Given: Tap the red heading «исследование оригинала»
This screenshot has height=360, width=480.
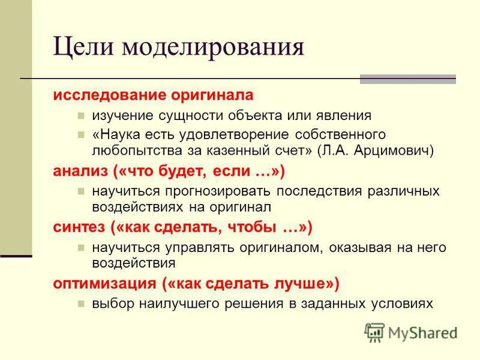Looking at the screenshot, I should (153, 96).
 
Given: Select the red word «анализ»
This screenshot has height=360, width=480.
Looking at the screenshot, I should (79, 172).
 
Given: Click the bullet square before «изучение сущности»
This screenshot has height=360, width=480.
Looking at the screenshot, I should (81, 116).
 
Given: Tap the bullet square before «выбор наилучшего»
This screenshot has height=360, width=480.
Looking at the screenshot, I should (81, 304).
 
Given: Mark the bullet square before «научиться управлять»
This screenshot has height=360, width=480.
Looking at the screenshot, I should (81, 247).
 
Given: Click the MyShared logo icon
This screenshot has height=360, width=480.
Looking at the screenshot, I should (375, 331).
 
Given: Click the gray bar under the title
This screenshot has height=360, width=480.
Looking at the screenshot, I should (407, 79).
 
